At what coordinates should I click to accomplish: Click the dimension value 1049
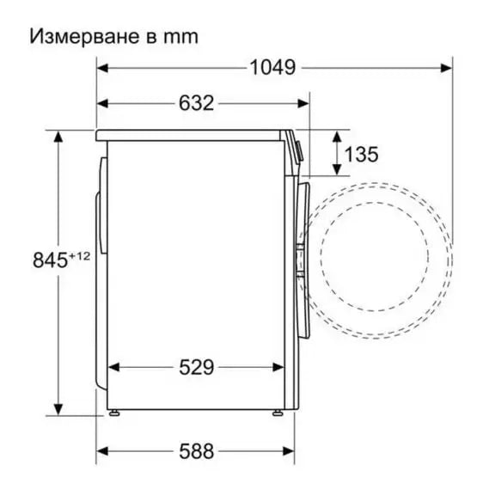click(272, 67)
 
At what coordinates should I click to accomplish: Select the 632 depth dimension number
click(196, 102)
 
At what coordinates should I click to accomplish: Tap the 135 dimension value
click(361, 155)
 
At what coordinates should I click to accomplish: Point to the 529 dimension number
click(196, 367)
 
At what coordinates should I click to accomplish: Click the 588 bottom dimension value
click(196, 450)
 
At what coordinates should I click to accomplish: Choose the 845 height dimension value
click(50, 259)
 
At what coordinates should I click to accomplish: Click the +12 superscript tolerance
click(79, 254)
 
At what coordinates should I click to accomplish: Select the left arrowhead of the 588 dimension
click(101, 450)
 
